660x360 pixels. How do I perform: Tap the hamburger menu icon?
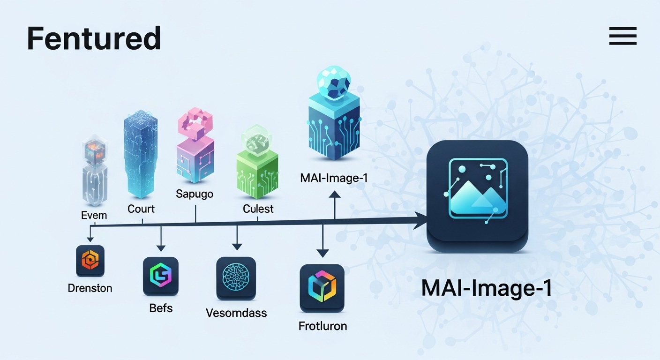tap(622, 36)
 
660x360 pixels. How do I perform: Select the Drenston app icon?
tap(90, 261)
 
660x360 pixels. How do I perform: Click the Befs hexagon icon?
tap(160, 276)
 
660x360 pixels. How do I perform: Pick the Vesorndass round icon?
tap(236, 278)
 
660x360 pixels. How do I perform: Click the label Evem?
tap(94, 215)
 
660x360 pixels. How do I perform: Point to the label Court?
tap(141, 209)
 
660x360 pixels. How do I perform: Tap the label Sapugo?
tap(195, 194)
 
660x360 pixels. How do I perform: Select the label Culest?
tap(258, 209)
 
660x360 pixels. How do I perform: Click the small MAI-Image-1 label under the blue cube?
tap(334, 178)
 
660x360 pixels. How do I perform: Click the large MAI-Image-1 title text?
tap(486, 288)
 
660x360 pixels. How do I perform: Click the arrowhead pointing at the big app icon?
tap(421, 219)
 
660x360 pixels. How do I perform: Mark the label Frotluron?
tap(322, 326)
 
